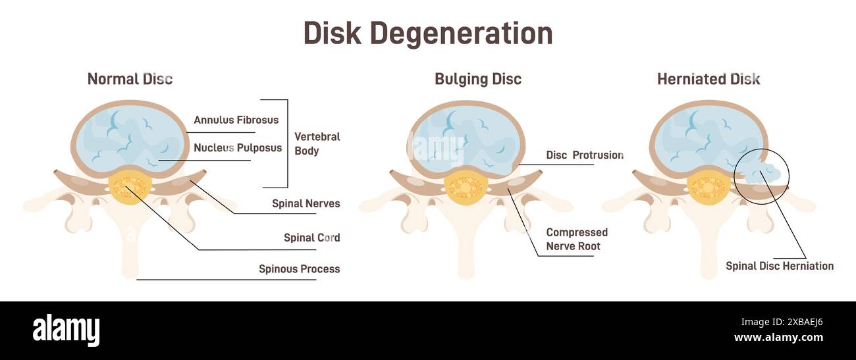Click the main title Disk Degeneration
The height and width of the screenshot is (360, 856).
click(428, 34)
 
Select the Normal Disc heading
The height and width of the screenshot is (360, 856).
click(130, 79)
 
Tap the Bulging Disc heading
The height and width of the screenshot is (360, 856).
click(477, 79)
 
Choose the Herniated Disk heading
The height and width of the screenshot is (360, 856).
click(709, 79)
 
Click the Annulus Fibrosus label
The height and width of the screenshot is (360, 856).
click(236, 120)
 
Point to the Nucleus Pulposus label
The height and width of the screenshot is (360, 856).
click(237, 148)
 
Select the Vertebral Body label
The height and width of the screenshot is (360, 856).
click(317, 143)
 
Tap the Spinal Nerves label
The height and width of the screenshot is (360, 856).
click(306, 203)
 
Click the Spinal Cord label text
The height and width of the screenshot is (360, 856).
click(311, 238)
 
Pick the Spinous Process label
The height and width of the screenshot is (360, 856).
click(299, 269)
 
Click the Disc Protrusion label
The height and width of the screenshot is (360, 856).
click(584, 155)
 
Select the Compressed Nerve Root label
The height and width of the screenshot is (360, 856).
click(577, 240)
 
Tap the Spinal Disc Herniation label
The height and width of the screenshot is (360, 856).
click(780, 266)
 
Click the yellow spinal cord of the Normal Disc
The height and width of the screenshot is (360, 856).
click(130, 186)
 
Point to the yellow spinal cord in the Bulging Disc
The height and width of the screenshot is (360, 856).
click(466, 186)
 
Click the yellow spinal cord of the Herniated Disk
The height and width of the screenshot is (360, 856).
click(709, 186)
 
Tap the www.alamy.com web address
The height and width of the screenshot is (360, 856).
click(778, 338)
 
